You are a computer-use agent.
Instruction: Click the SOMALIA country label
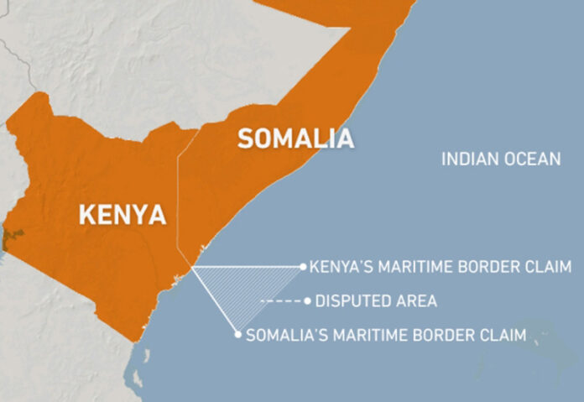pos(295,138)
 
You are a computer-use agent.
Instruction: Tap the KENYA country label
pos(122,214)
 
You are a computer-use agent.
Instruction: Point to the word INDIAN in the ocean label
pos(471,159)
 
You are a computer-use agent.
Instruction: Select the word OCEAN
pos(532,159)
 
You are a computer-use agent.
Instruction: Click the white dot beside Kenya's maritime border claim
pos(303,267)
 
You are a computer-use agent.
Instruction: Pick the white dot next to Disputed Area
pos(308,300)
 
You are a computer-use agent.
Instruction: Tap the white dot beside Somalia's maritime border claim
pos(238,335)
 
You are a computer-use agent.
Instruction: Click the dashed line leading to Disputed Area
pos(282,300)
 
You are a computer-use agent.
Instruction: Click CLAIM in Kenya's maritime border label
pos(545,267)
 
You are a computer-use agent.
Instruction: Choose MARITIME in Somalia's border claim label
pos(368,335)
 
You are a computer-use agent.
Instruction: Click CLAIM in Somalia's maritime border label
pos(501,335)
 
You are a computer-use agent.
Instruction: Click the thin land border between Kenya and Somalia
pos(179,210)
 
